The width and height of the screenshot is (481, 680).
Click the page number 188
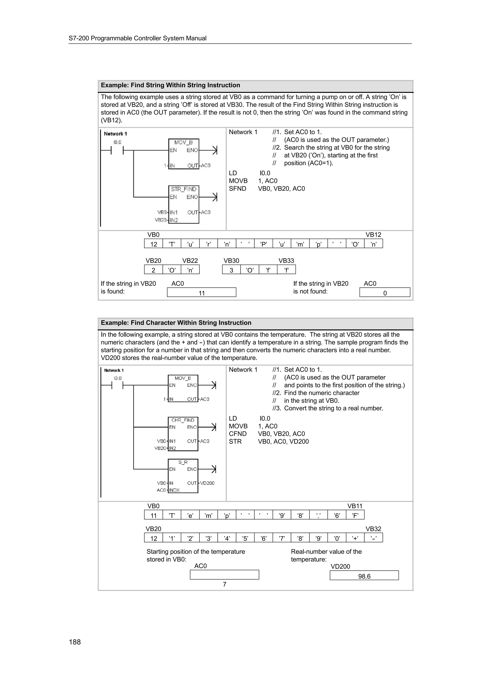75,642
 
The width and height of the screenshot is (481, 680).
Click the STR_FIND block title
183,189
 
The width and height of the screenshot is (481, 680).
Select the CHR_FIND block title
183,420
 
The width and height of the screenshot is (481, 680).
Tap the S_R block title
183,462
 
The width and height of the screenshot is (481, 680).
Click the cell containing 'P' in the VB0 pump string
264,244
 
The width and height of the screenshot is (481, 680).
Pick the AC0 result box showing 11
202,293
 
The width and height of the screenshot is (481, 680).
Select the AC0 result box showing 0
385,293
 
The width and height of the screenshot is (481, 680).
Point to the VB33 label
286,261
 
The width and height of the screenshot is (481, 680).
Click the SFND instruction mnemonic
237,189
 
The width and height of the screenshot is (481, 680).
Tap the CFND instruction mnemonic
237,434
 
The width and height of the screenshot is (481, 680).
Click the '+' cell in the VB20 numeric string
355,538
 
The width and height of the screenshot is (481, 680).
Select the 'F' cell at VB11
355,515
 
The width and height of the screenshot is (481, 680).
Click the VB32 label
373,529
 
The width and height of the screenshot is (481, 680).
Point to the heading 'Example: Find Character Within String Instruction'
176,323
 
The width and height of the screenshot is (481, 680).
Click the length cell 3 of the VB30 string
231,270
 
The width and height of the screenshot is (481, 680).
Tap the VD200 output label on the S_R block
207,483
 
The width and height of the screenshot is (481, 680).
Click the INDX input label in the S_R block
174,490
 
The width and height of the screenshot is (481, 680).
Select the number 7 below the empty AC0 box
225,584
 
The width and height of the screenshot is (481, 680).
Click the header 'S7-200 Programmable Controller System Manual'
138,38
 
